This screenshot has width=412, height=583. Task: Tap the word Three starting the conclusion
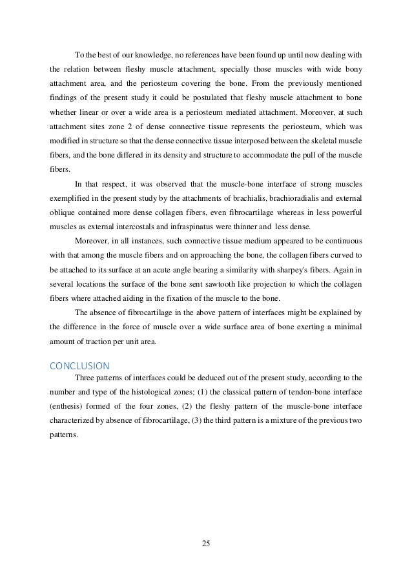(86, 376)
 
